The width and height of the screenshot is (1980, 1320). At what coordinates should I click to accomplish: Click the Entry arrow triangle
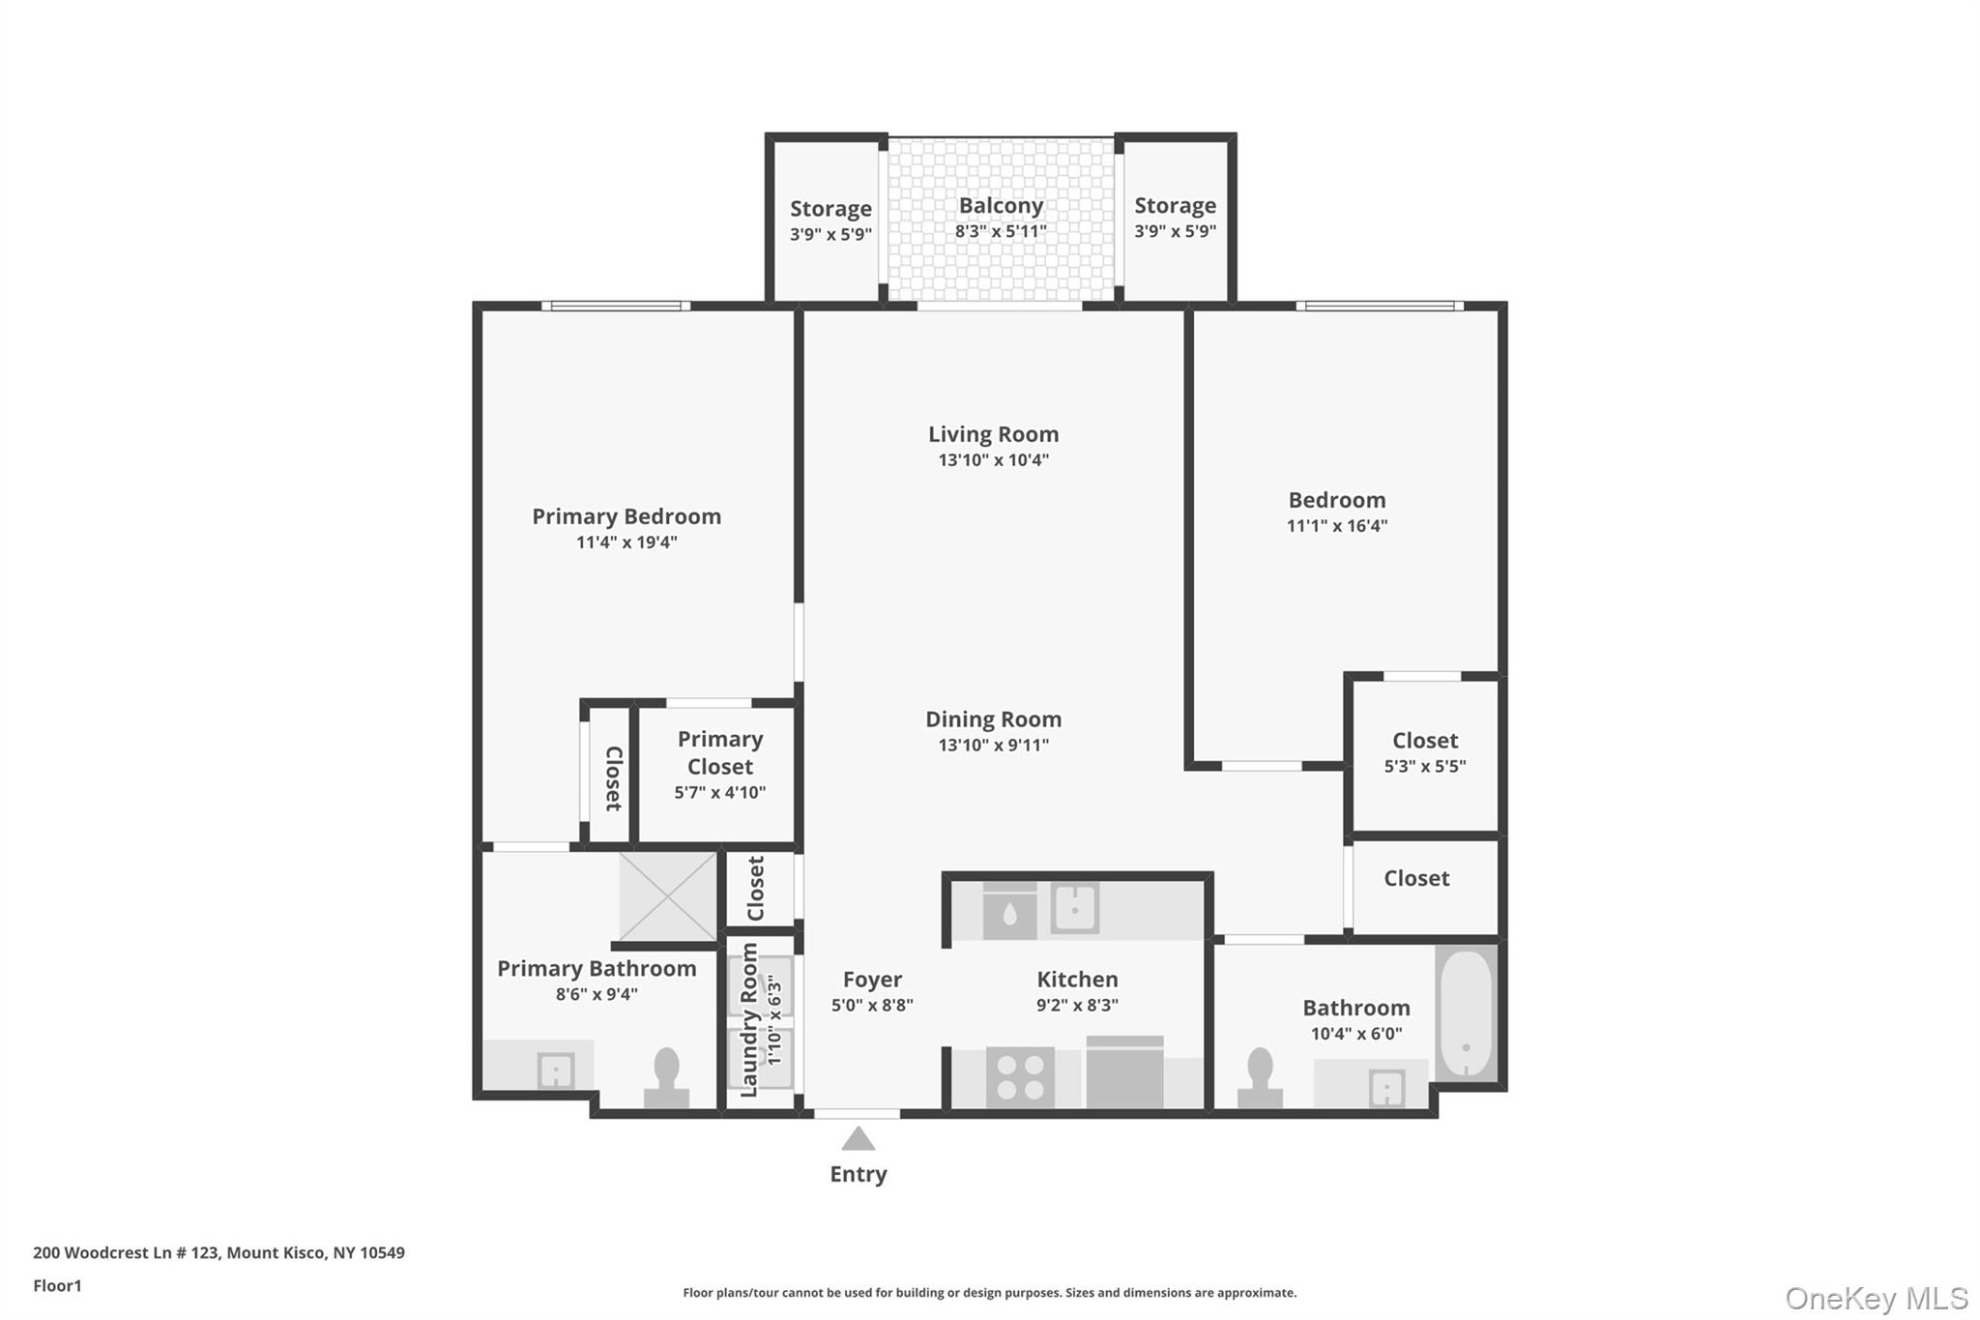click(x=858, y=1140)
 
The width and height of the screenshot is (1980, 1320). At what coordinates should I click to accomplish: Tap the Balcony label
click(x=1001, y=206)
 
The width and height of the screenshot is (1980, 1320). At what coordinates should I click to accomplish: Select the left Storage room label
click(x=830, y=209)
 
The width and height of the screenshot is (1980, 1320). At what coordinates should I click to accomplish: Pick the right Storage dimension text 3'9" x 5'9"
click(x=1175, y=231)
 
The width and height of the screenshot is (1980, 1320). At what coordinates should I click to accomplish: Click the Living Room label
click(x=993, y=434)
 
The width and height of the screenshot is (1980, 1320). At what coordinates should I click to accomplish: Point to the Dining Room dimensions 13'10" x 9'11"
click(x=993, y=745)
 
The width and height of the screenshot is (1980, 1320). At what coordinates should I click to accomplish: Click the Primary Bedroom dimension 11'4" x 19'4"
click(x=626, y=543)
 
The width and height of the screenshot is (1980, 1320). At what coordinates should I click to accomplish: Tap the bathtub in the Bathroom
click(x=1466, y=1013)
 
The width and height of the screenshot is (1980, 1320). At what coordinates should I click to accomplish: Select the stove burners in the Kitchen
click(x=1020, y=1077)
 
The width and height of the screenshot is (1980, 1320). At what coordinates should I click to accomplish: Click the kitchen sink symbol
click(x=1074, y=909)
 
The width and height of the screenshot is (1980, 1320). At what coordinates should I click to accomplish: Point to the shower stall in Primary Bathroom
click(x=668, y=896)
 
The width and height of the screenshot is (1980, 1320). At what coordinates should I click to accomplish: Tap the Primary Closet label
click(x=720, y=752)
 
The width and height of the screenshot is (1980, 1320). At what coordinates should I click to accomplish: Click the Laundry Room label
click(x=749, y=1020)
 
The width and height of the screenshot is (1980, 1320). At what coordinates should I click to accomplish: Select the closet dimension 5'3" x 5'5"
click(x=1424, y=766)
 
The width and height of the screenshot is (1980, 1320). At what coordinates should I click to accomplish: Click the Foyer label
click(x=872, y=980)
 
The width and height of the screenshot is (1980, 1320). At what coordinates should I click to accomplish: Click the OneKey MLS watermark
click(x=1876, y=1298)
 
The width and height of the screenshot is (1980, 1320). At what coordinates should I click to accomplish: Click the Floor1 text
click(x=57, y=1285)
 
